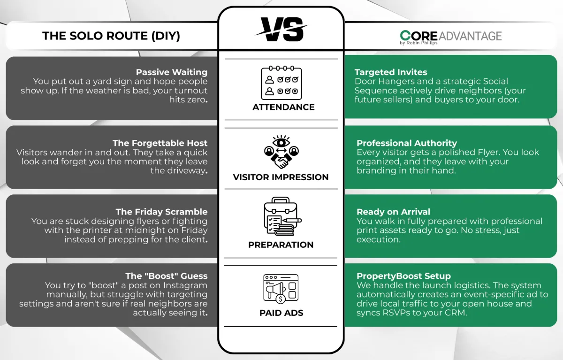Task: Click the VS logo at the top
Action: tap(281, 29)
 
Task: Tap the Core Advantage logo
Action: tap(451, 37)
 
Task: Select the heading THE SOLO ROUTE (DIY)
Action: tap(111, 36)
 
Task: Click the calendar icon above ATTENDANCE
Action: tap(281, 83)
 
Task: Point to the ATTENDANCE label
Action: tap(283, 107)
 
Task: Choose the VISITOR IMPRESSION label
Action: tap(281, 177)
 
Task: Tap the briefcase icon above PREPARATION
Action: tap(282, 216)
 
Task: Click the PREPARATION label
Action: tap(281, 245)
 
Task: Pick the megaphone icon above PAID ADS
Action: tap(281, 289)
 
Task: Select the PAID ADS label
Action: tap(281, 313)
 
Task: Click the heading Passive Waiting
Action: tap(172, 72)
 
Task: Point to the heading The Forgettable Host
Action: tap(160, 143)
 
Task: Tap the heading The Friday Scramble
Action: tap(161, 212)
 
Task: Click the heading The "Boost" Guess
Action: tap(167, 276)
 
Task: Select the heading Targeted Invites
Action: tap(391, 72)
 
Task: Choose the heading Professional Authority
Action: tap(407, 143)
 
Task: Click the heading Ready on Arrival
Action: tap(393, 212)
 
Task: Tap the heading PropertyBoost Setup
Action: tap(403, 276)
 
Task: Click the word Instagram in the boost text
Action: tap(185, 285)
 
